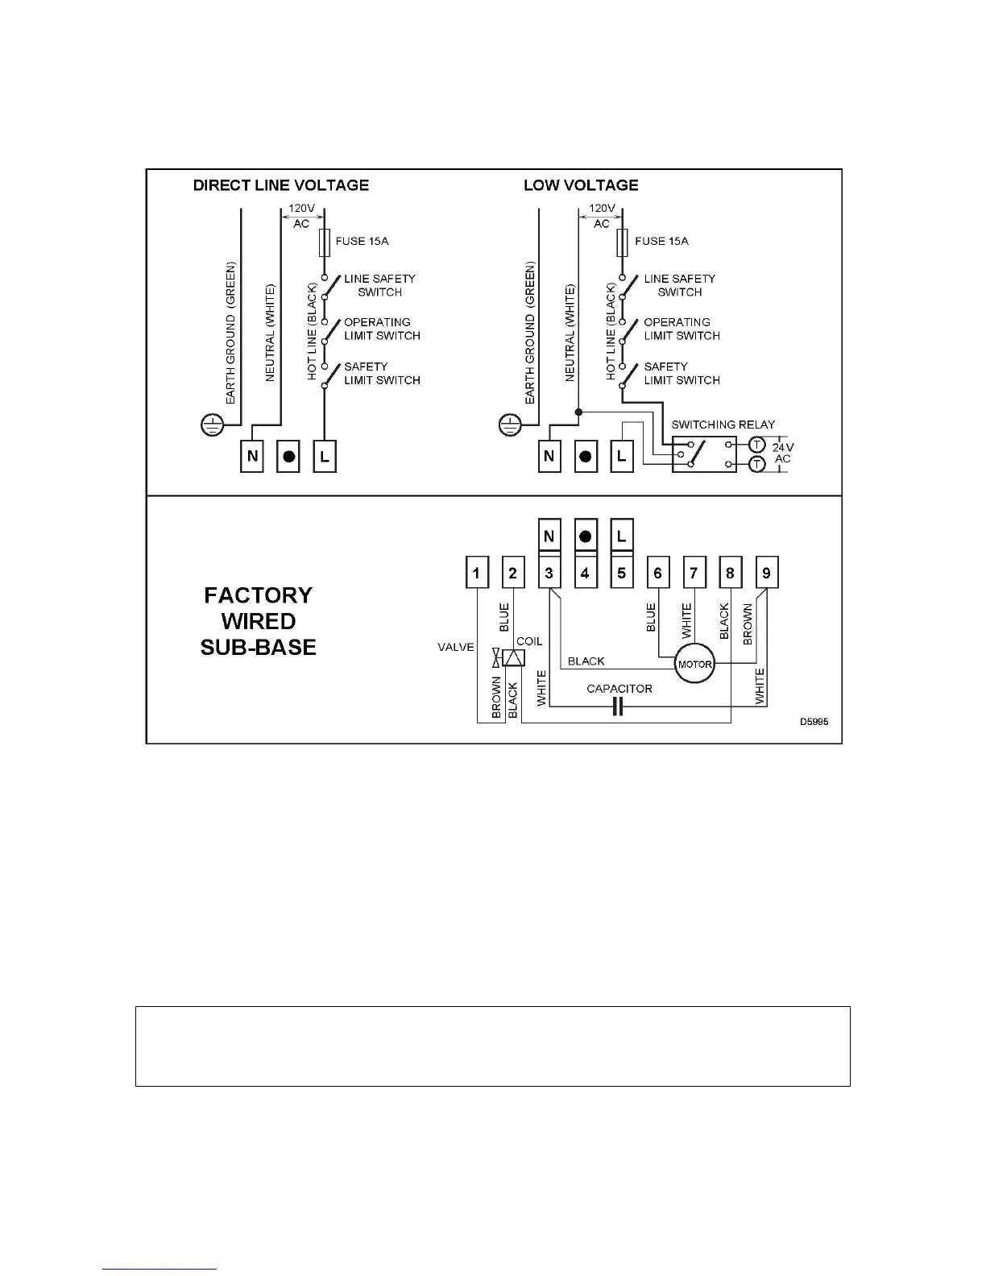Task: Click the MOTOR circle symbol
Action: tap(694, 664)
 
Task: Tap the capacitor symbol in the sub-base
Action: tap(618, 707)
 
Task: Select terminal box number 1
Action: tap(477, 574)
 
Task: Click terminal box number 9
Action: tap(766, 574)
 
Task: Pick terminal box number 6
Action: tap(657, 574)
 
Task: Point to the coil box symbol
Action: tap(513, 658)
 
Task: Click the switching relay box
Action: tap(704, 454)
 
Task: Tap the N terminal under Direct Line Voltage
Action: tap(253, 456)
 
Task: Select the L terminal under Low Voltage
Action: tap(621, 456)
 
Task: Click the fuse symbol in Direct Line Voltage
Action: tap(324, 241)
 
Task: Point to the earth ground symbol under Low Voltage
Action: tap(510, 424)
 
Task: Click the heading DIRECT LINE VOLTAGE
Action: tap(281, 185)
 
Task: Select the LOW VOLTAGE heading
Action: tap(581, 185)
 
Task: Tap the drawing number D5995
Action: tap(814, 722)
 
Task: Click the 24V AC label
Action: tap(782, 453)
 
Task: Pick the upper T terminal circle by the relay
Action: tap(756, 445)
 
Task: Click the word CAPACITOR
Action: tap(619, 689)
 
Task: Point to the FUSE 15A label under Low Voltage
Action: tap(661, 241)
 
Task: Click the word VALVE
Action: tap(456, 647)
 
